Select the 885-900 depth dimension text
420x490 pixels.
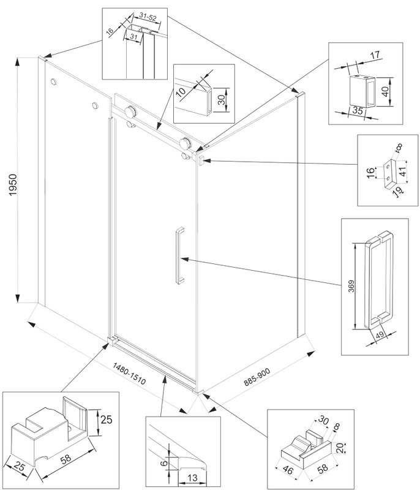(258, 373)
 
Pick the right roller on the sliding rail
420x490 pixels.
(184, 145)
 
